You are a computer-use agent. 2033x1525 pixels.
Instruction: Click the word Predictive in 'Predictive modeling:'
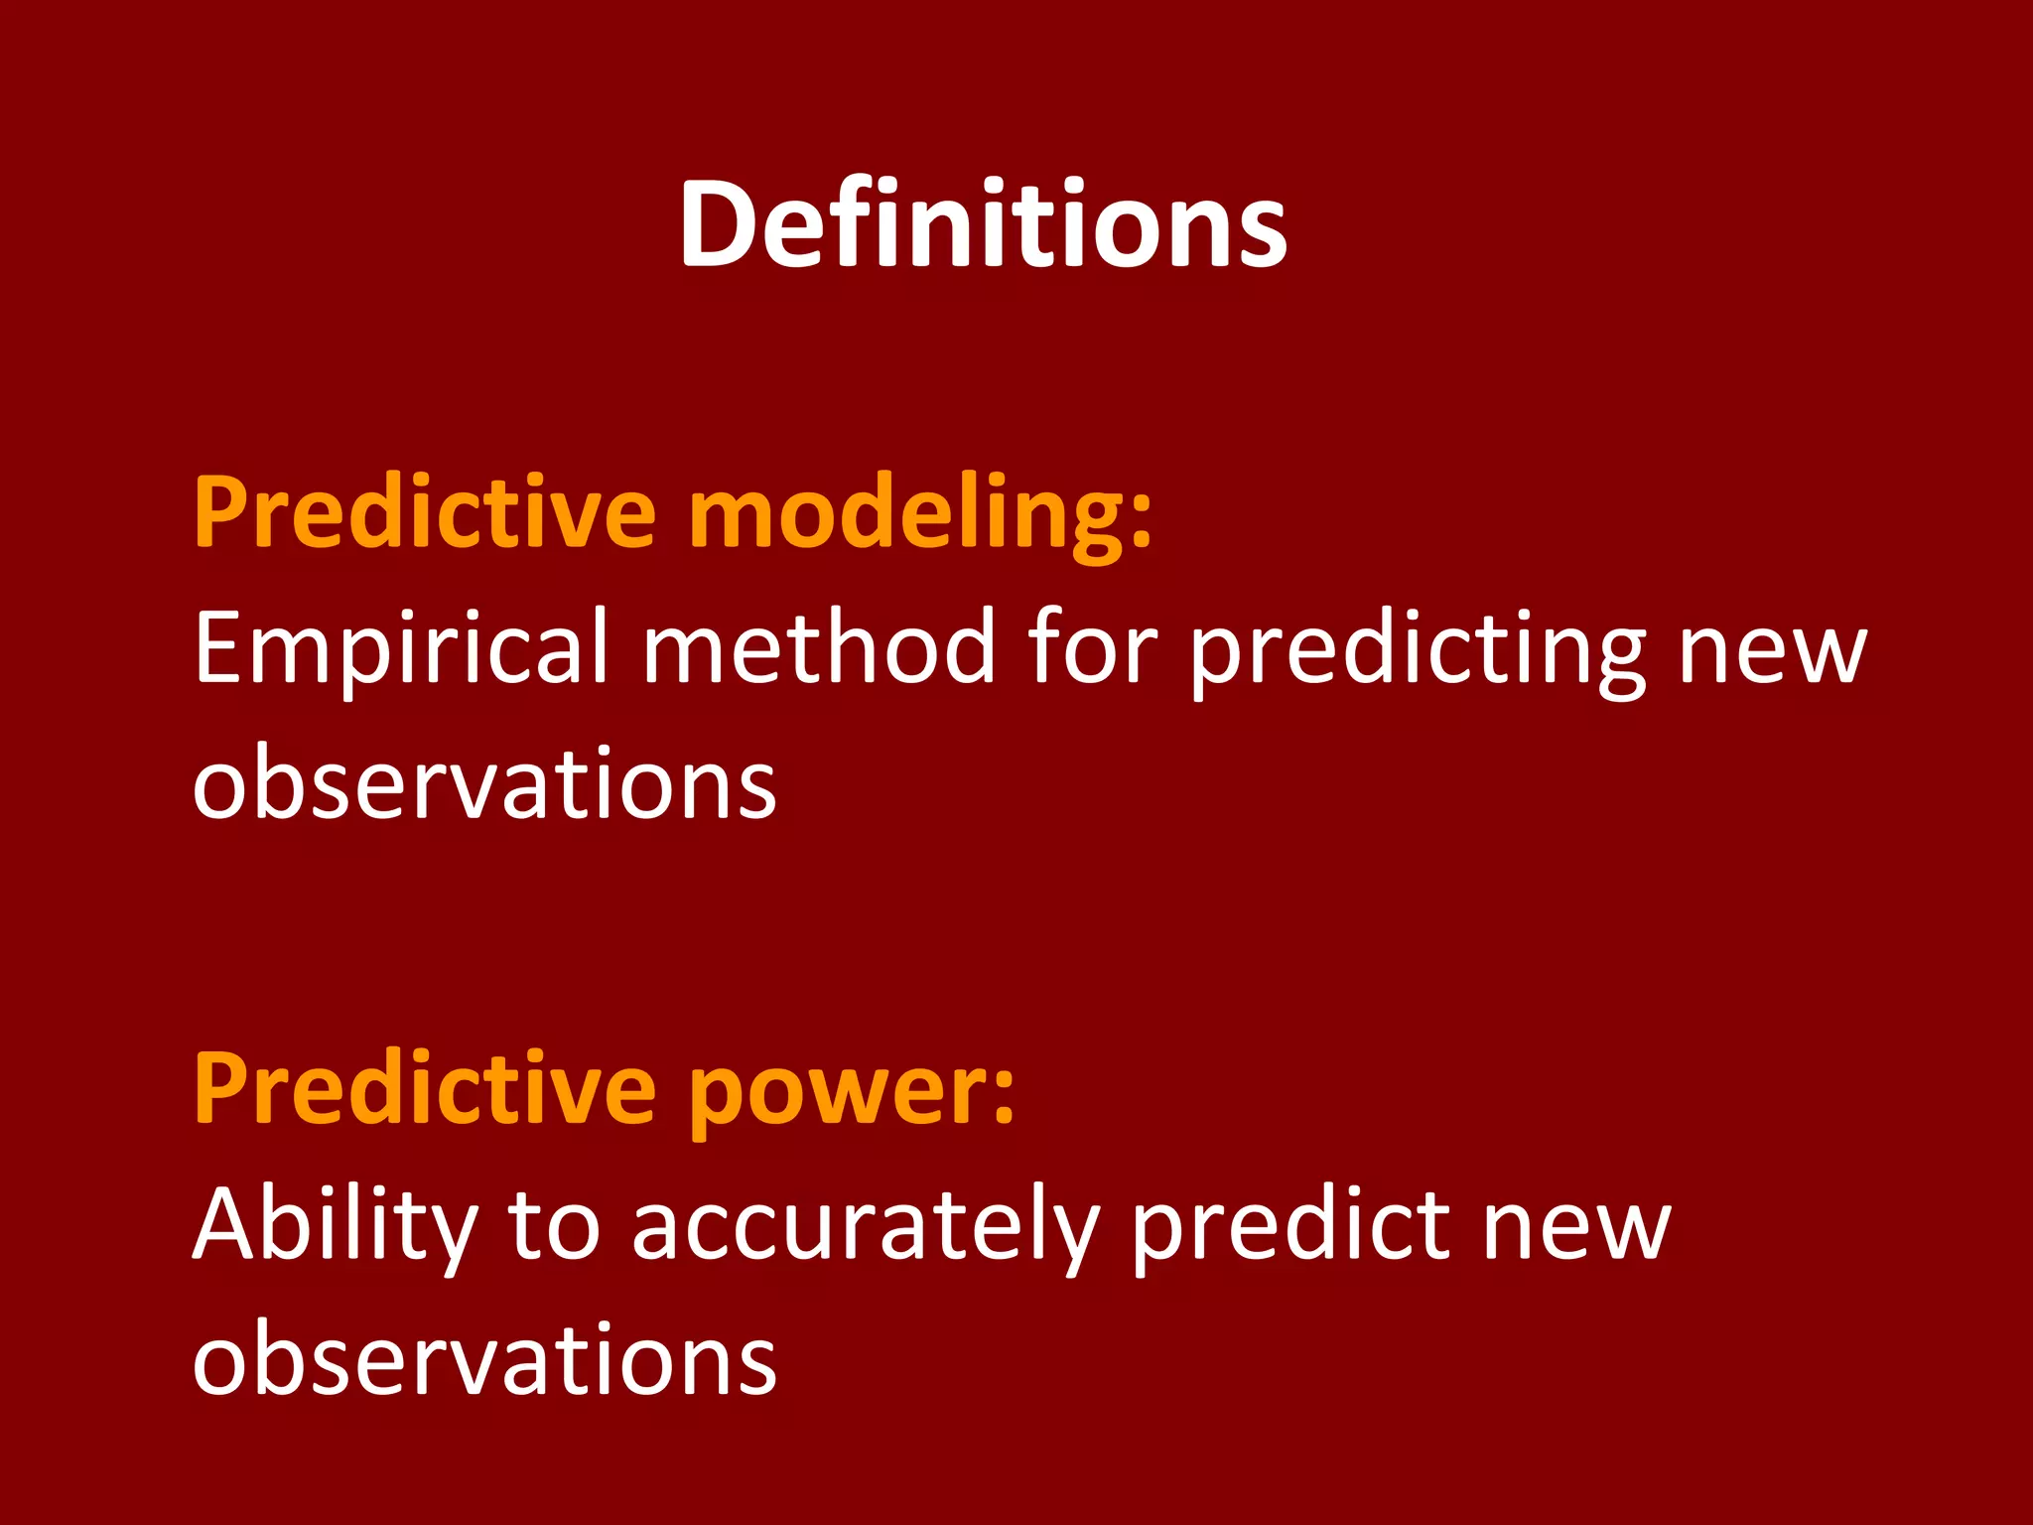[x=425, y=512]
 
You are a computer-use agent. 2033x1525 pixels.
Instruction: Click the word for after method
[x=1091, y=646]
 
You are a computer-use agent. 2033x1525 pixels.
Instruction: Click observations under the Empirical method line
[x=484, y=782]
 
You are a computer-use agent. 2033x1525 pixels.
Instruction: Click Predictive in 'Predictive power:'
[x=425, y=1089]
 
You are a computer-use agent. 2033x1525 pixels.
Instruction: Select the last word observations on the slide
[x=484, y=1359]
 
